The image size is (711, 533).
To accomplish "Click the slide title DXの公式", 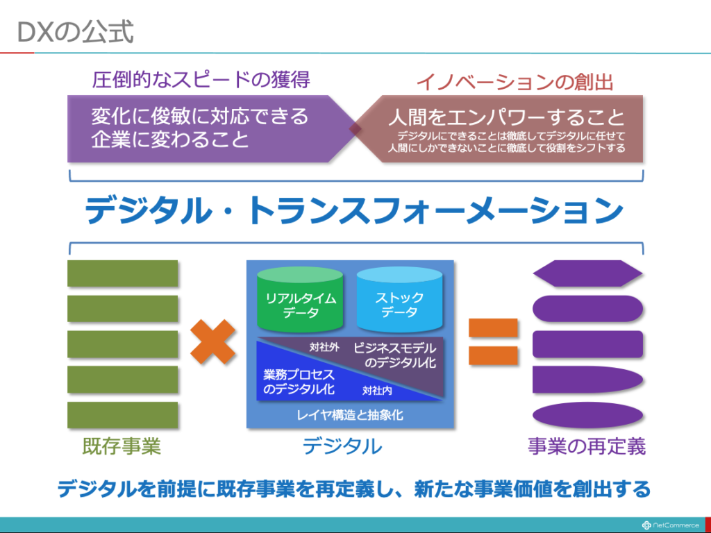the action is point(75,32).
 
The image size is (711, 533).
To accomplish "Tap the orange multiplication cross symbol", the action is point(212,342).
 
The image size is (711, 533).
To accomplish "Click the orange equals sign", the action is point(493,341).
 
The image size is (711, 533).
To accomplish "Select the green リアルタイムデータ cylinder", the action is point(300,300).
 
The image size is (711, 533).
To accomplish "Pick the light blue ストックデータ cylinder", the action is point(399,300).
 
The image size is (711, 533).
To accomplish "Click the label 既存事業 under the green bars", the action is point(122,446).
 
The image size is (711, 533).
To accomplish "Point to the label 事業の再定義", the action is point(587,446).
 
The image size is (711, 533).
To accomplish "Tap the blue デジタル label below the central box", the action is point(342,446).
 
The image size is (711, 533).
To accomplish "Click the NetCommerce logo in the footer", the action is point(671,525).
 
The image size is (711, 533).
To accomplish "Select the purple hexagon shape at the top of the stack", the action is point(587,273).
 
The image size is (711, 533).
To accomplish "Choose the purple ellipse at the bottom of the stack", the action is point(587,415).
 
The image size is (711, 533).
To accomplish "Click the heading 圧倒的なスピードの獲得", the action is point(201,80).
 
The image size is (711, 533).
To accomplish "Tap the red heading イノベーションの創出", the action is point(515,83).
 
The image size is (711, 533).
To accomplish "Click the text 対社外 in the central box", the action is point(324,348).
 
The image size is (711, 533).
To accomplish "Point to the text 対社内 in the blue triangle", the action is point(377,390).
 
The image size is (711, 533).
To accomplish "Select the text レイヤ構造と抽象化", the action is point(350,415).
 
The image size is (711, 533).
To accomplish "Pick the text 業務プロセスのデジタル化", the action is point(299,382).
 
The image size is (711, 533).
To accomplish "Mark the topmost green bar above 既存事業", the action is point(122,273).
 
